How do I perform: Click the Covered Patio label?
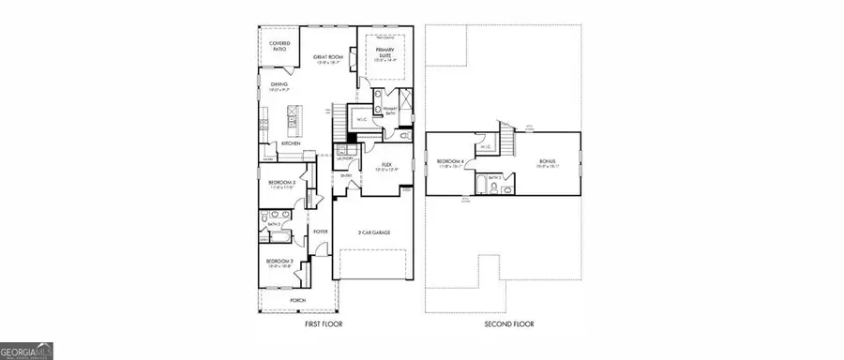279,46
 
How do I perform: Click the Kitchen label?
291,143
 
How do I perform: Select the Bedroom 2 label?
279,262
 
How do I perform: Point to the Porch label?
297,300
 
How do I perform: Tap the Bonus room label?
549,163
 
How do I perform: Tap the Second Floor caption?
509,323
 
